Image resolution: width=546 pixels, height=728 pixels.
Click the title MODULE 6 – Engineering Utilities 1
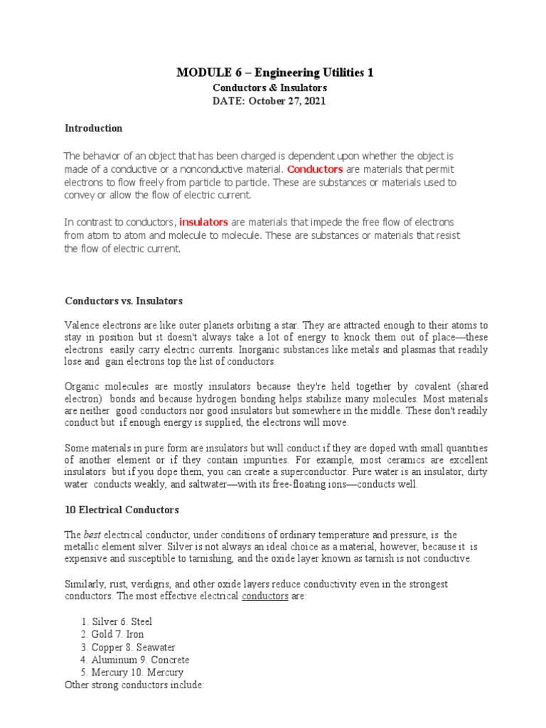(274, 73)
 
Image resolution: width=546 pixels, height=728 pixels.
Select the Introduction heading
(93, 129)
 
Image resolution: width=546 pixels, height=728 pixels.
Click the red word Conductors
(315, 169)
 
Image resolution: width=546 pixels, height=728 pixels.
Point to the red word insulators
(203, 223)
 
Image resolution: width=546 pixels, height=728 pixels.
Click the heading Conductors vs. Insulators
(124, 301)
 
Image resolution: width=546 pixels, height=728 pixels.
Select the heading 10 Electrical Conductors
(122, 510)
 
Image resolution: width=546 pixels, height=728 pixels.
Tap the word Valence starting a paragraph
(80, 325)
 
